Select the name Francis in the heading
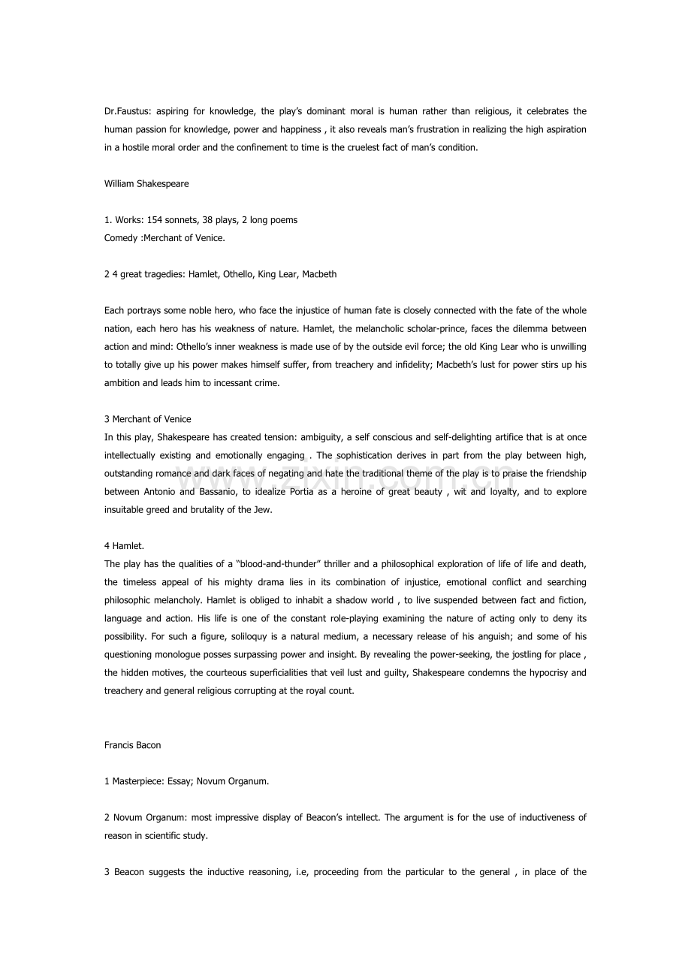coord(119,746)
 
